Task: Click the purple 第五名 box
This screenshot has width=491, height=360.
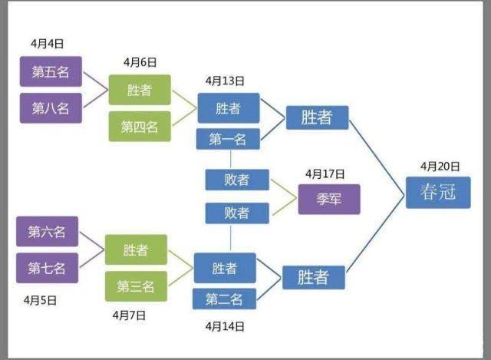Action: point(50,71)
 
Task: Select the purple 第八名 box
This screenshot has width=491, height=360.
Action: point(50,107)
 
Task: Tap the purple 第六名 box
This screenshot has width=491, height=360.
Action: point(47,232)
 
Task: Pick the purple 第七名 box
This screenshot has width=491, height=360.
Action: point(47,268)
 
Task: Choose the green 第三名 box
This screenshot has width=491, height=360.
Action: point(136,286)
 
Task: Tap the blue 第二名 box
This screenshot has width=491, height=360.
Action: point(223,299)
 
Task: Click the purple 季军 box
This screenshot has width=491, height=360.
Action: point(328,200)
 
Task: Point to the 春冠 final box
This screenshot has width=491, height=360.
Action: point(437,192)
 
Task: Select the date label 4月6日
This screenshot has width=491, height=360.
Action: point(140,62)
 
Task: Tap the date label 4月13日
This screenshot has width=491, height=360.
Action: point(226,81)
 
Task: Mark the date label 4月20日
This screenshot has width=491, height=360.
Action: point(440,166)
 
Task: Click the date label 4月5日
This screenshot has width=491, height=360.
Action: point(40,300)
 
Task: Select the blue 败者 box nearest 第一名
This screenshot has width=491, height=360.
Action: point(237,180)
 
